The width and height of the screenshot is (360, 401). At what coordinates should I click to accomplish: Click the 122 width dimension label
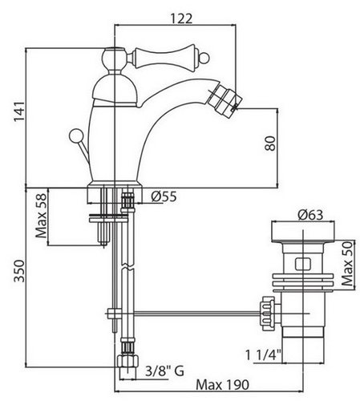point(181,18)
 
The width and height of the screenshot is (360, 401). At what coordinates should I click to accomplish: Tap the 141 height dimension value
point(19,111)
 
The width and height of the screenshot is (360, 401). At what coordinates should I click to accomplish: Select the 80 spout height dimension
point(270,144)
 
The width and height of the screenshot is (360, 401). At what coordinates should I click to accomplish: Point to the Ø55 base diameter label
point(164,196)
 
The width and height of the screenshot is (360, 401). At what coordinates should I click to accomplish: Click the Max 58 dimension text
point(42,216)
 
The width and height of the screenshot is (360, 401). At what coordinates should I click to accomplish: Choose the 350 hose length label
point(19,270)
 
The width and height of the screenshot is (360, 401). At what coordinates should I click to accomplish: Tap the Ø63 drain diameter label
point(310,215)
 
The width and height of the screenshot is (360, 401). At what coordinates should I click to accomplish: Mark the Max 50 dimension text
point(347,264)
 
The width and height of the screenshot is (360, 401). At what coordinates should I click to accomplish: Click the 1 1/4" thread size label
point(263,355)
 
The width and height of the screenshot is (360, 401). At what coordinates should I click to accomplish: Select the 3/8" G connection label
point(164,371)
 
